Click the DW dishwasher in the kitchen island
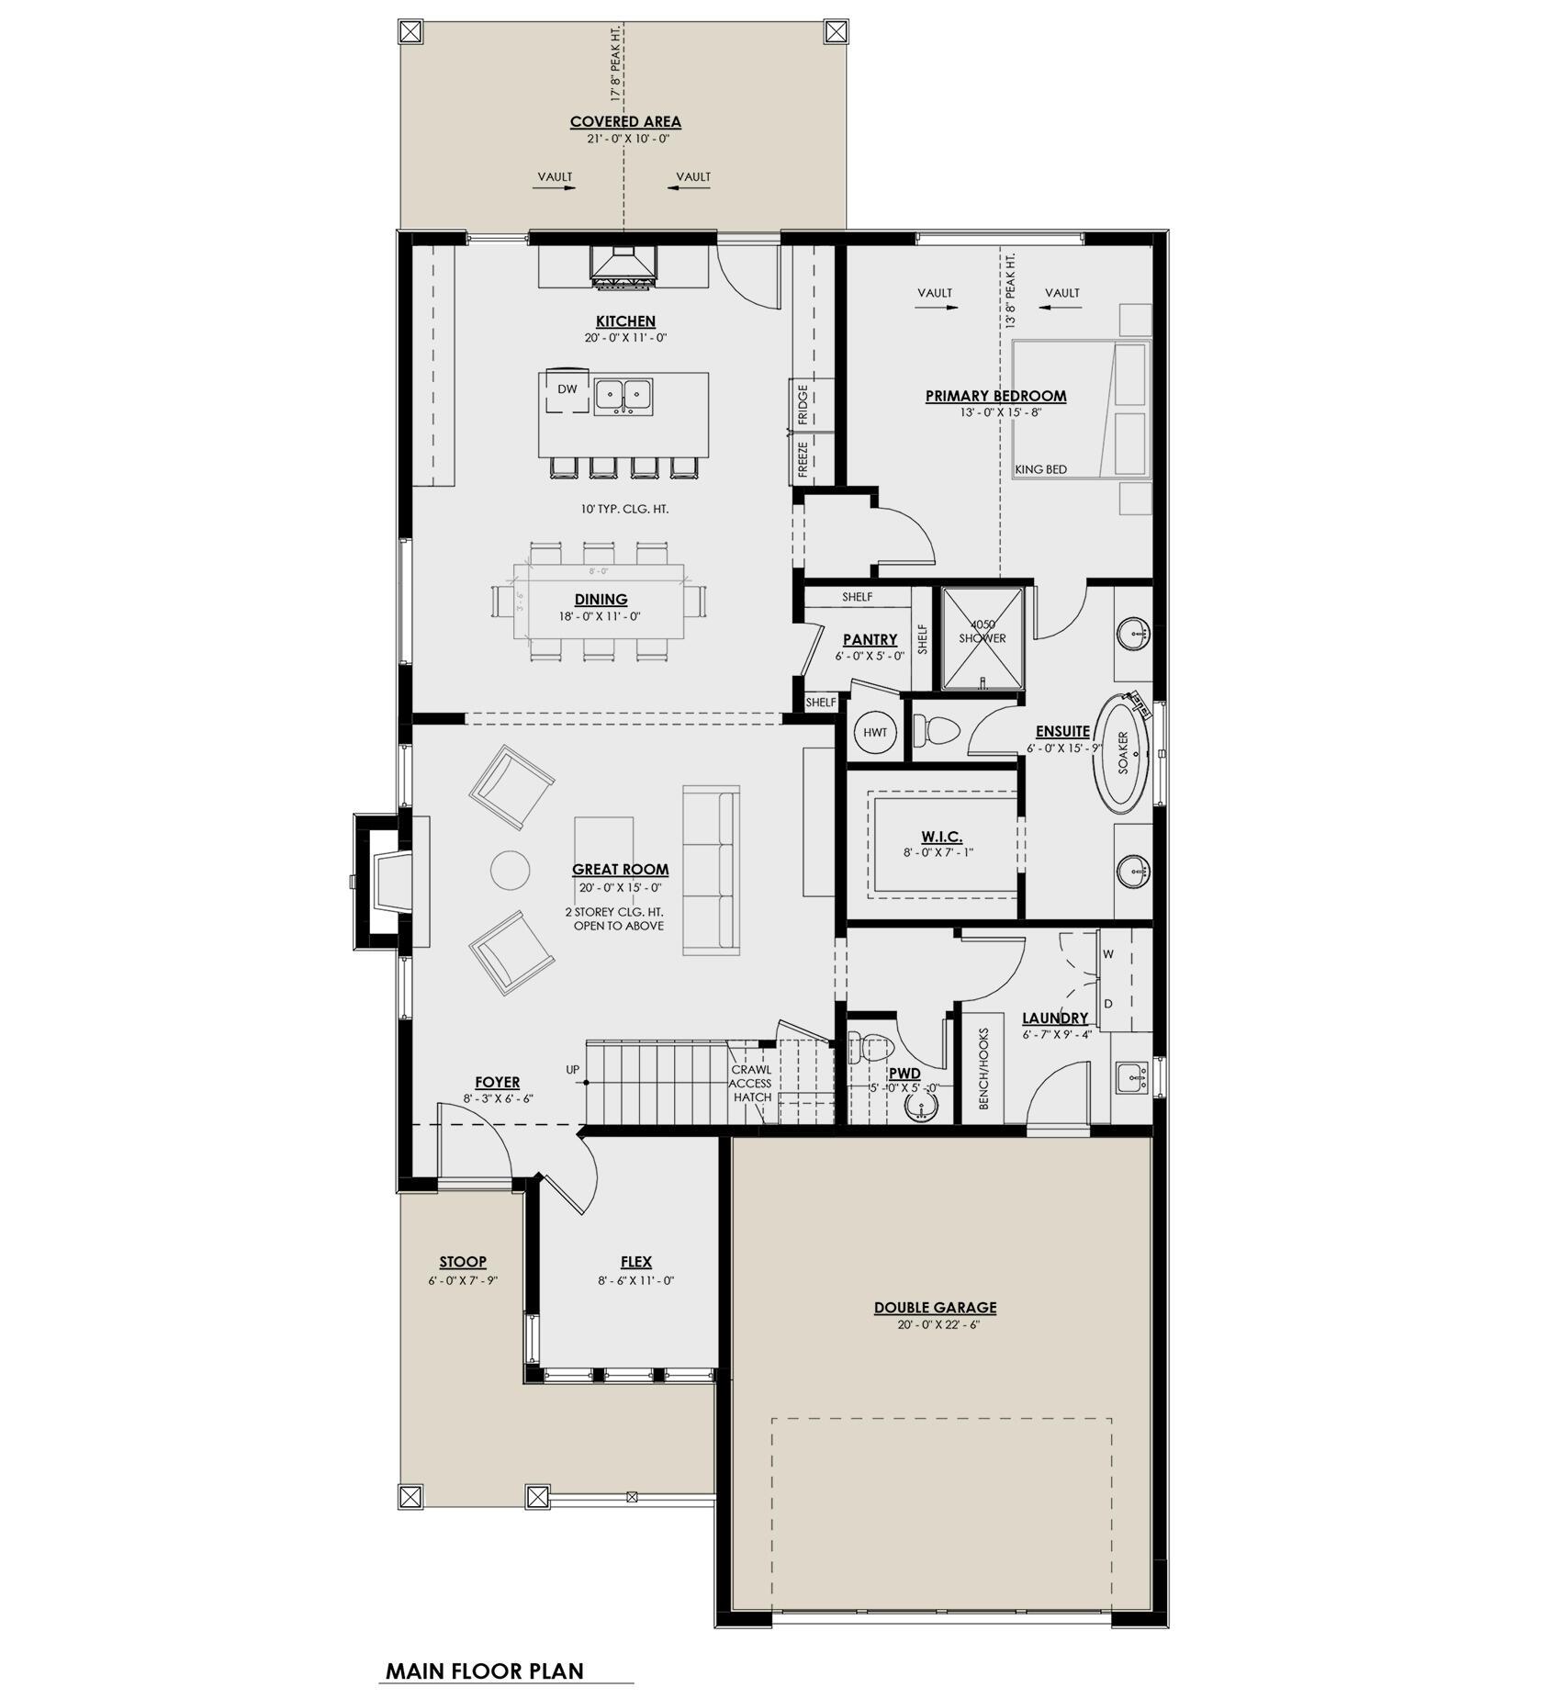567,390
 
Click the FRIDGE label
803,405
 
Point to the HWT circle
875,732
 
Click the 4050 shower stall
983,638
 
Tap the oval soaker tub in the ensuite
1124,754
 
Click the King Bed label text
1040,470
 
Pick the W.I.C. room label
941,837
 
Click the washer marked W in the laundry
1108,954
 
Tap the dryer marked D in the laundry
1108,1004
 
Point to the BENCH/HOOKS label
983,1068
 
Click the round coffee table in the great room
510,870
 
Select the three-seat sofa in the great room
712,871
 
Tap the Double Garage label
935,1308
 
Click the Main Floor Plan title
484,1671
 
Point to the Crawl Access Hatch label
751,1083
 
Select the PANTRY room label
870,640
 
